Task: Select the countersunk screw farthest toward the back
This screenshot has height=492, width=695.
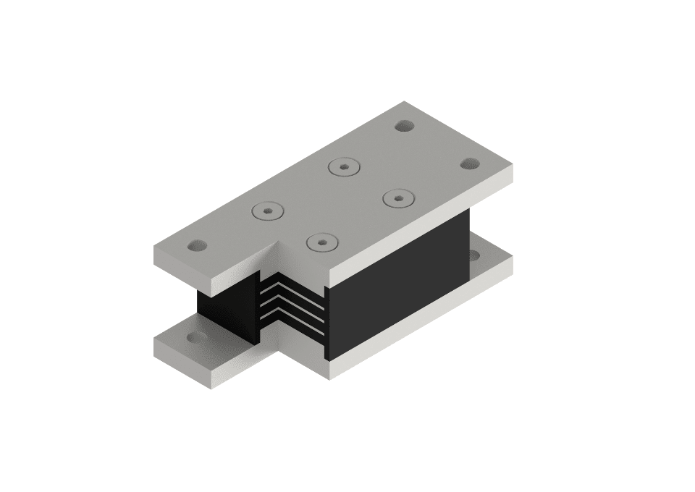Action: pos(344,167)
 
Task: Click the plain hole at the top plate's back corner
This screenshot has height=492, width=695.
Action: pos(404,126)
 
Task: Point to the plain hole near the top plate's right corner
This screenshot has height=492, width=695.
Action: pos(470,164)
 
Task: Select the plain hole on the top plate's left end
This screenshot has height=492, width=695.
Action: pos(196,246)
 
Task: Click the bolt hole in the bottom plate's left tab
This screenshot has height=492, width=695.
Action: pos(195,337)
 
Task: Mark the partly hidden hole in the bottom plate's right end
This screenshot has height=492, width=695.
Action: pos(474,255)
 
